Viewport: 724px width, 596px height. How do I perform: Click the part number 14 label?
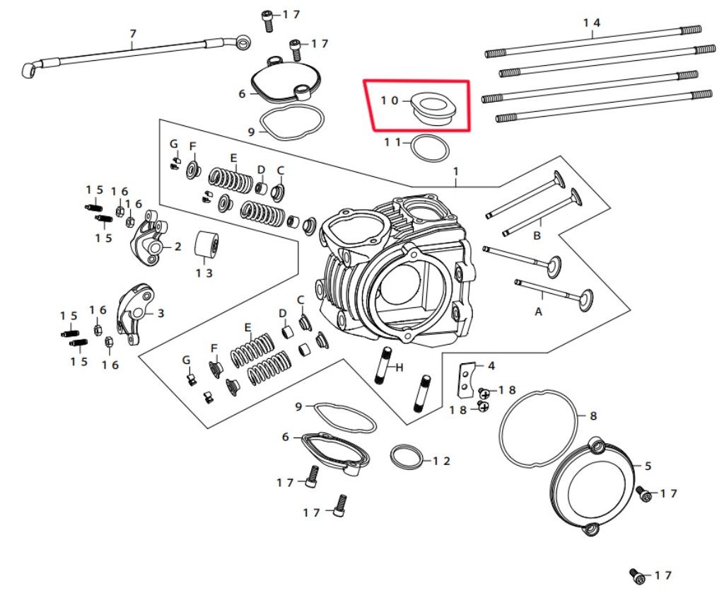point(592,23)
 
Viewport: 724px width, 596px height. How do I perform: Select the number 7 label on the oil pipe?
point(132,33)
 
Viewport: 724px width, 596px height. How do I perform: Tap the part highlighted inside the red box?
point(432,108)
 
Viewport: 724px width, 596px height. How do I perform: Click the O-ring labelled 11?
point(430,149)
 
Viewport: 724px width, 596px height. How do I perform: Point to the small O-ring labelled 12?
point(407,457)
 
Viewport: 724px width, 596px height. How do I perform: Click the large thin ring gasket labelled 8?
point(537,427)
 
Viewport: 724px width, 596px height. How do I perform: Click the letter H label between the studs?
point(399,367)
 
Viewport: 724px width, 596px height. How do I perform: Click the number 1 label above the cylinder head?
point(456,172)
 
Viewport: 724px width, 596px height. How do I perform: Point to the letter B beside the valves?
point(537,235)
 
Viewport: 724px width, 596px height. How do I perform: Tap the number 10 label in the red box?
point(390,101)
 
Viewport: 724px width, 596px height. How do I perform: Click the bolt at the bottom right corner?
point(636,576)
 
